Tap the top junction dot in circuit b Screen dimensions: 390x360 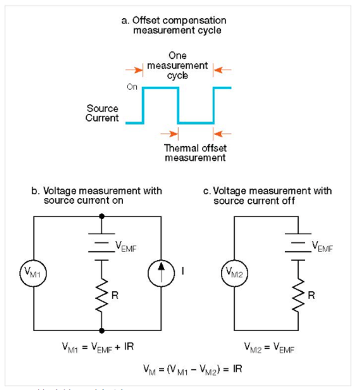click(x=102, y=217)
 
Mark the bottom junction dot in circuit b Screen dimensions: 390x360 click(x=102, y=330)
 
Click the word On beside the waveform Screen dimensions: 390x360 click(x=132, y=87)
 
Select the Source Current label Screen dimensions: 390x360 click(x=102, y=113)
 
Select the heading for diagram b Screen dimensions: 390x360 click(x=97, y=195)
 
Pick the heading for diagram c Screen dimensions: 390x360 click(x=267, y=195)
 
